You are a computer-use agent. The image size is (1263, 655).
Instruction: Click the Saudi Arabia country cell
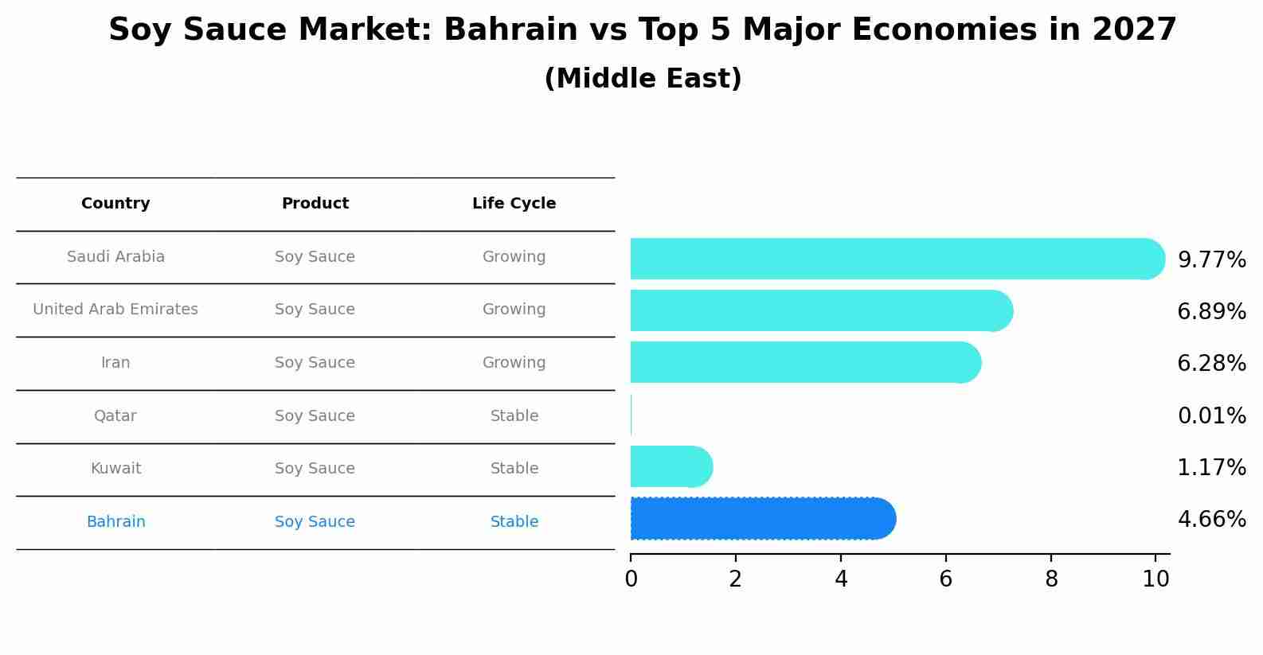(115, 257)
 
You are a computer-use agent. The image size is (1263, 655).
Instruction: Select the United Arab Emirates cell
(115, 310)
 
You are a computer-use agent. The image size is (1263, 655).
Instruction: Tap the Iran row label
(115, 363)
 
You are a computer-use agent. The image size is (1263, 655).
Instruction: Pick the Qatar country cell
(115, 416)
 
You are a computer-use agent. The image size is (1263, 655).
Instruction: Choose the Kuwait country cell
(115, 469)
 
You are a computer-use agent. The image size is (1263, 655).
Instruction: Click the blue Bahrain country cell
(115, 522)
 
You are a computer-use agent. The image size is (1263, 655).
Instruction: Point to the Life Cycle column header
(514, 204)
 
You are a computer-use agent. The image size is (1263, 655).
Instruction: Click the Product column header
(315, 204)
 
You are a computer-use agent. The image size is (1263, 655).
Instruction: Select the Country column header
(115, 204)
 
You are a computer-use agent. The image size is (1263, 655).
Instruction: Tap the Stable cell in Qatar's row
(514, 416)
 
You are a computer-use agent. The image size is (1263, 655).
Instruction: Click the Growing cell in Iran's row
(514, 363)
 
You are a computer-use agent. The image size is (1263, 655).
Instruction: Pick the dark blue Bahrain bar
(761, 519)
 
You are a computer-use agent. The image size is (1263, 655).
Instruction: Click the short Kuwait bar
(669, 466)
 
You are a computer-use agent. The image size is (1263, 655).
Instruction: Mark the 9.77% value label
(1211, 260)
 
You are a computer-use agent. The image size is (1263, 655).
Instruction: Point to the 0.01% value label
(1211, 416)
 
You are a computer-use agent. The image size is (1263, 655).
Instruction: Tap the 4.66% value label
(1211, 520)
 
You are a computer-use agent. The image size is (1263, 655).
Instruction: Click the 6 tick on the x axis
(945, 579)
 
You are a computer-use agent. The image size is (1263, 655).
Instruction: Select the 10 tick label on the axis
(1155, 579)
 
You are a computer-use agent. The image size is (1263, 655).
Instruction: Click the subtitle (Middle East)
(643, 79)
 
